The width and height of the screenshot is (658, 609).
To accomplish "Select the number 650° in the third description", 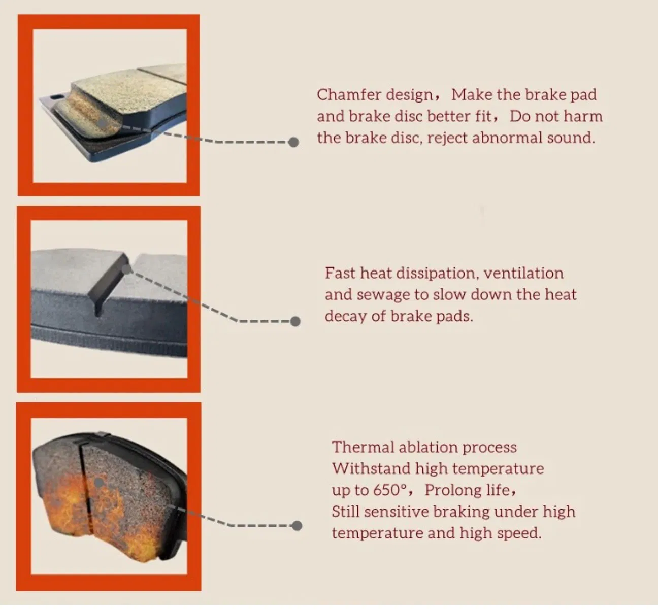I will tap(390, 490).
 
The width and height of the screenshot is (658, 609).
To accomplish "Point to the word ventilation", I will tap(523, 273).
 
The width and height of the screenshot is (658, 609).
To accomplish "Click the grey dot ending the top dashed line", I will tap(293, 142).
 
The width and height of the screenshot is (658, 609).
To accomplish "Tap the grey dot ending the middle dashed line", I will tap(295, 321).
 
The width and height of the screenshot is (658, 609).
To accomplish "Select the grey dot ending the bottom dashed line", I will tap(297, 526).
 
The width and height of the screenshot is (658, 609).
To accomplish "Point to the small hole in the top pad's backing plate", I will tap(57, 96).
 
